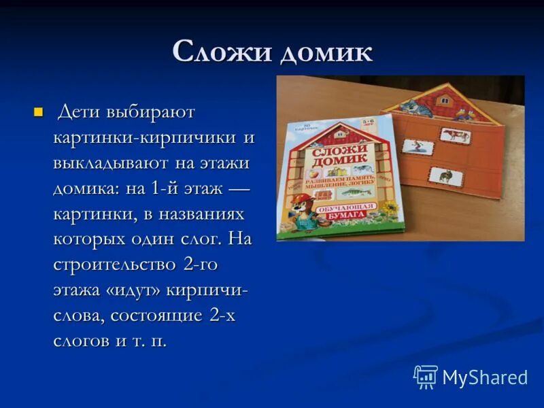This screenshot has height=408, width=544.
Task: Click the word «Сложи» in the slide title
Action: pyautogui.click(x=217, y=52)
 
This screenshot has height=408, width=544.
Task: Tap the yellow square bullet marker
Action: pyautogui.click(x=38, y=112)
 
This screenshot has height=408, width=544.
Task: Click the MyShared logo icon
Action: pyautogui.click(x=425, y=377)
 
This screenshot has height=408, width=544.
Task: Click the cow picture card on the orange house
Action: pyautogui.click(x=452, y=135)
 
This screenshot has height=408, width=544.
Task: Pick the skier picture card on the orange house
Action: pyautogui.click(x=413, y=146)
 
